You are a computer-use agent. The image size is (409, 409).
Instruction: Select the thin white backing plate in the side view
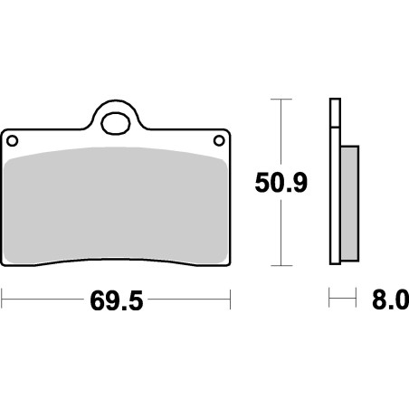click(333, 181)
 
